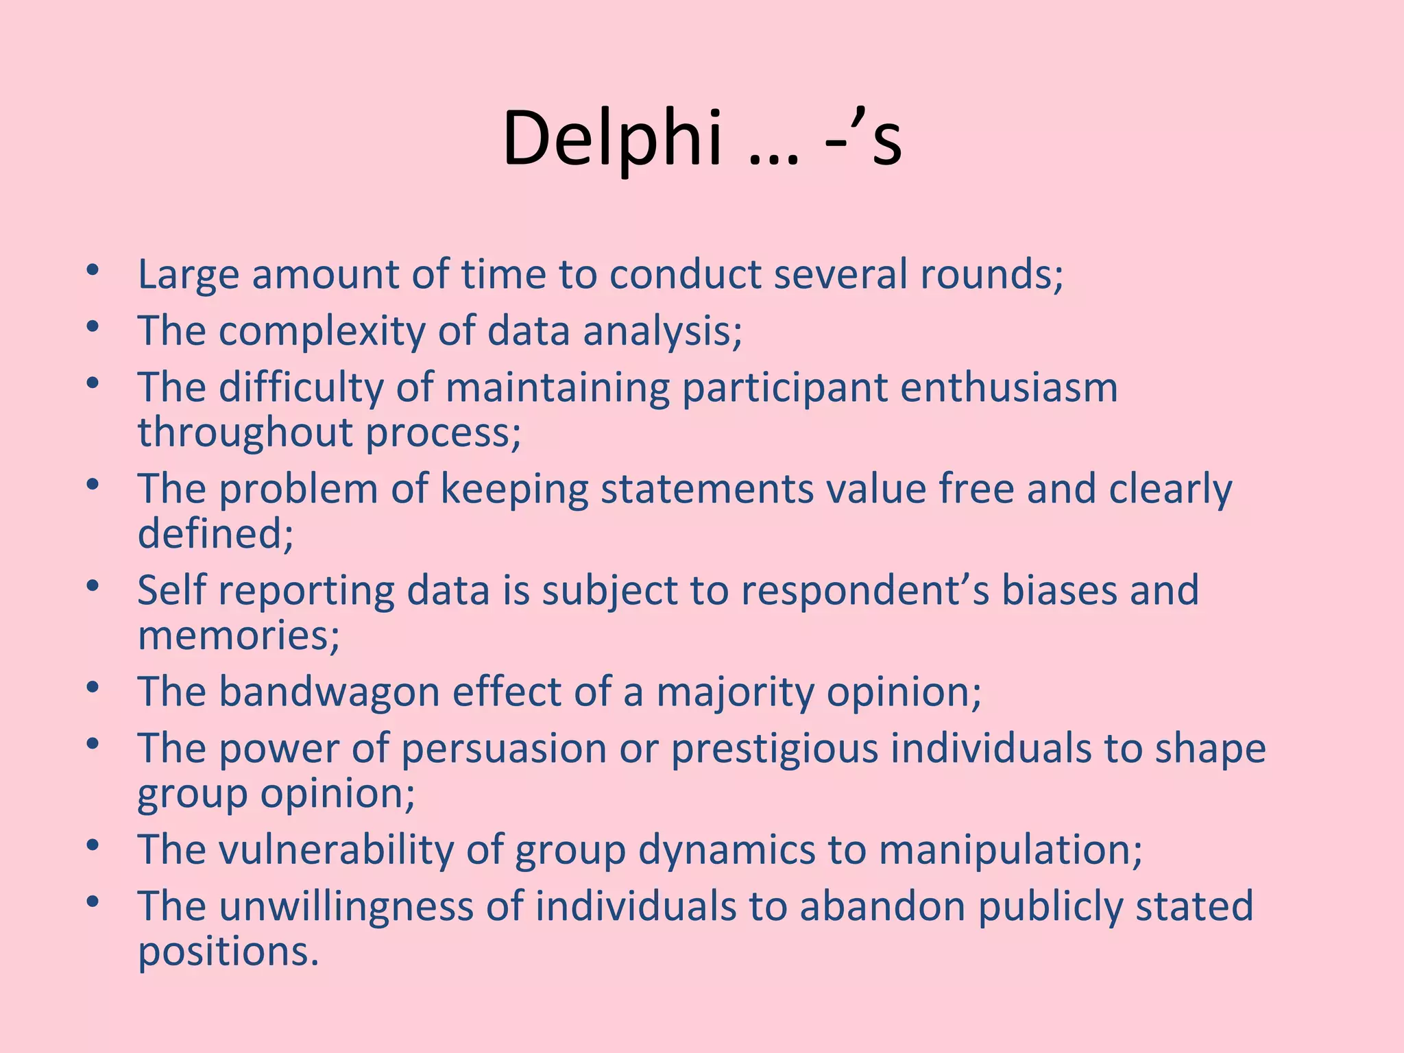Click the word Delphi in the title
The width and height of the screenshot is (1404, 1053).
point(612,139)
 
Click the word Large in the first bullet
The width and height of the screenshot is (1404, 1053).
point(189,275)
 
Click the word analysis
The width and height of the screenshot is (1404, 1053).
point(662,332)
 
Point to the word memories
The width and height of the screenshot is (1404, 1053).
point(239,635)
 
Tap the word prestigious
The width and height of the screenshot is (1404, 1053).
point(774,749)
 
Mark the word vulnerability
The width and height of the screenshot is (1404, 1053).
point(336,849)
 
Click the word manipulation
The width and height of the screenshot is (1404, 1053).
point(1010,849)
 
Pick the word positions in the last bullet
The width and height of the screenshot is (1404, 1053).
point(228,952)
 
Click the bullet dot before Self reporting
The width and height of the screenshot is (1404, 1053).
point(93,587)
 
